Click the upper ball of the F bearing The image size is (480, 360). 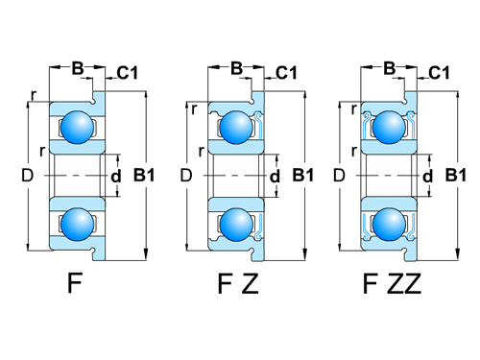click(x=76, y=126)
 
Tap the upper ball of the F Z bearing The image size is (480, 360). click(x=234, y=126)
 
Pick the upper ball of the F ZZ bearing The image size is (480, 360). click(x=388, y=126)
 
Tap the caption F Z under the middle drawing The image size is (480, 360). click(x=236, y=285)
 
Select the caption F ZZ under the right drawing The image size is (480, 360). click(x=392, y=285)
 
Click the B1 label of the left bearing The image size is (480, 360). click(x=145, y=175)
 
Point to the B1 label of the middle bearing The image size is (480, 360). click(x=303, y=175)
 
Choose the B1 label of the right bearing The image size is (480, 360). click(x=457, y=175)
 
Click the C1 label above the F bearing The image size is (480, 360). click(x=130, y=73)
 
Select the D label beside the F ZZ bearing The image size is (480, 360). click(x=337, y=175)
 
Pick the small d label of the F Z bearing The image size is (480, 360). click(x=275, y=176)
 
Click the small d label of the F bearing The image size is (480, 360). click(x=116, y=176)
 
